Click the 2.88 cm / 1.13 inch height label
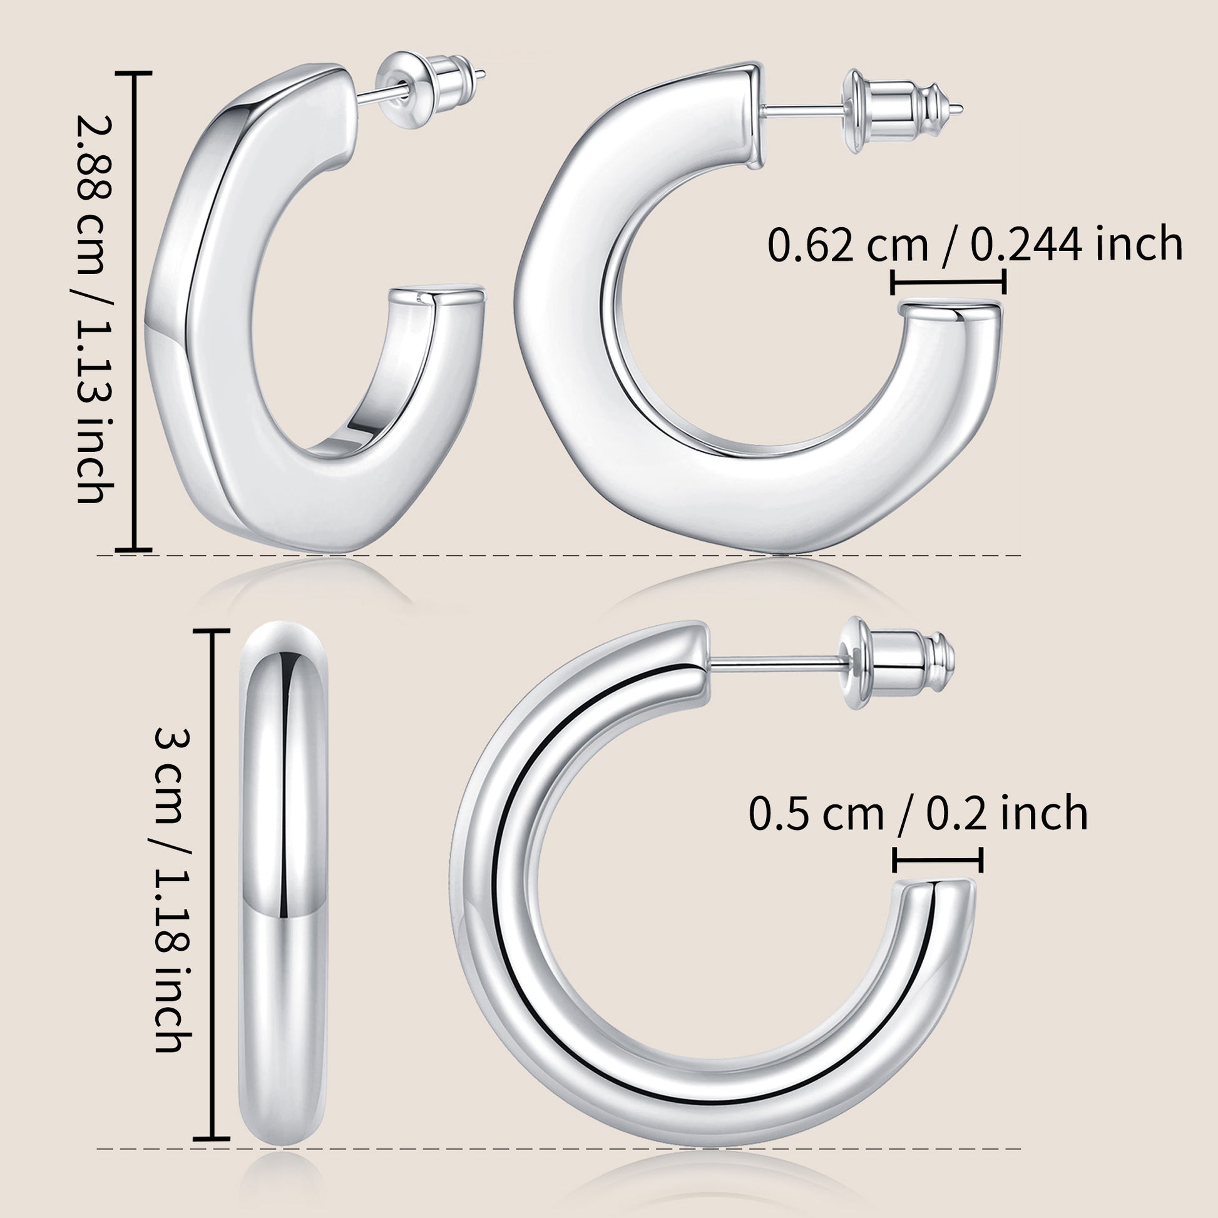95,309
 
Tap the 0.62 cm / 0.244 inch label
975,244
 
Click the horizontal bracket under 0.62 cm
948,282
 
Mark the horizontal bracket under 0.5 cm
938,860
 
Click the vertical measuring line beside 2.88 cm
135,312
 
